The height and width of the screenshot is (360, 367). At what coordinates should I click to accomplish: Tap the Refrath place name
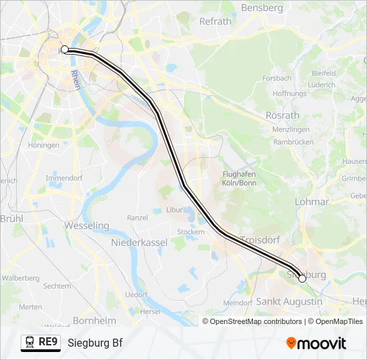pos(216,21)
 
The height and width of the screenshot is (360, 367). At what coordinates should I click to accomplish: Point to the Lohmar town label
pos(312,201)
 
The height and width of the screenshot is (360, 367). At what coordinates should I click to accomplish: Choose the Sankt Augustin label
pos(289,301)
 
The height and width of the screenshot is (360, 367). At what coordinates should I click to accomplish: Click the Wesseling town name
pos(87,225)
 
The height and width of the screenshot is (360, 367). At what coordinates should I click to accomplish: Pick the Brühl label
pos(11,218)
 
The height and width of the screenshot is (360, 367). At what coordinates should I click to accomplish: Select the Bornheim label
pos(94,320)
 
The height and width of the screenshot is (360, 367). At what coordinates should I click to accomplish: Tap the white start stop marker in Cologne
pos(65,49)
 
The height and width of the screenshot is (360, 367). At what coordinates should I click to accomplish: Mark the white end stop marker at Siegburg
pos(302,279)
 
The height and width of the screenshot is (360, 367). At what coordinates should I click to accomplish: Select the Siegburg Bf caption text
pos(95,343)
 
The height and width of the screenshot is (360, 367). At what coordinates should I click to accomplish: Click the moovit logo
pos(316,343)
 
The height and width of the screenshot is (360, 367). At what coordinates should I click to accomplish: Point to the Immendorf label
pos(64,179)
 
